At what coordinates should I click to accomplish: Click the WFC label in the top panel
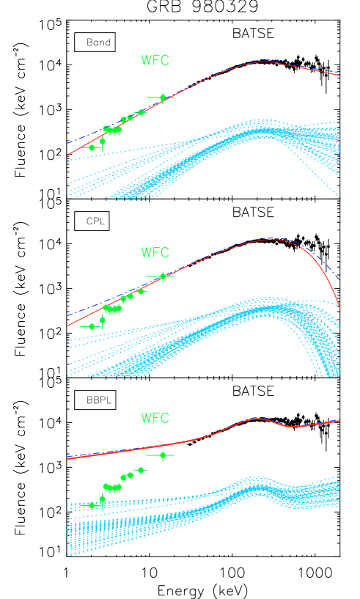pos(155,61)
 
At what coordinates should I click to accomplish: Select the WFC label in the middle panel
pos(155,253)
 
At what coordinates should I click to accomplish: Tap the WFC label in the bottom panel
pos(155,419)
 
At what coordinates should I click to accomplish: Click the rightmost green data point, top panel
pos(163,98)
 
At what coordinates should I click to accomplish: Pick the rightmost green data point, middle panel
pos(163,276)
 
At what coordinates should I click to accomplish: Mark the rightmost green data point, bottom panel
pos(163,455)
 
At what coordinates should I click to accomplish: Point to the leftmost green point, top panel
pos(92,147)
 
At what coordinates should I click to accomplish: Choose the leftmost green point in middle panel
pos(92,326)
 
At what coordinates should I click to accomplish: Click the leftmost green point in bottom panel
pos(92,505)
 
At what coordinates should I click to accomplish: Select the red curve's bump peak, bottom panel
pos(255,419)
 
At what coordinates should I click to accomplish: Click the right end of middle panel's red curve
pos(339,306)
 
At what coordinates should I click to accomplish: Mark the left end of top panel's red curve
pos(67,155)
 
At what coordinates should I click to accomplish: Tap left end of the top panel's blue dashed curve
pos(67,143)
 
